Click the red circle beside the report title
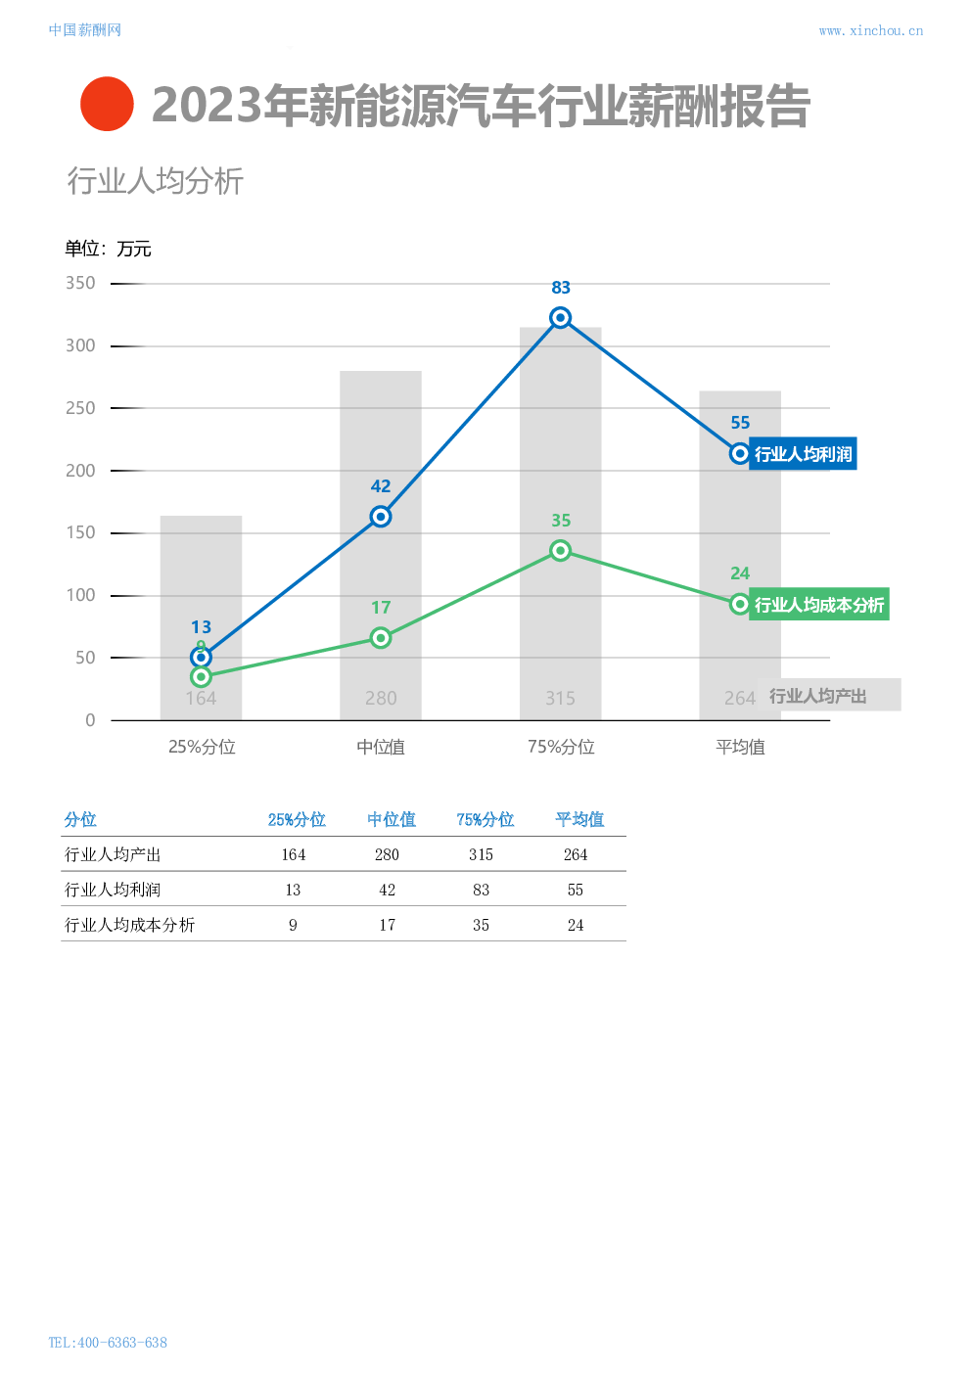click(107, 104)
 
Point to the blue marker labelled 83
click(560, 318)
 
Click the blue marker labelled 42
click(381, 517)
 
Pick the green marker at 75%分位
click(560, 551)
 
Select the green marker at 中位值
click(381, 638)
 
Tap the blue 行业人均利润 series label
click(803, 454)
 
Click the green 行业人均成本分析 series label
click(818, 605)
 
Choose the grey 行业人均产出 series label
click(827, 696)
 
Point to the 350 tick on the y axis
click(80, 284)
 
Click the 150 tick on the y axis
click(80, 533)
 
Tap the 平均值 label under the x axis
click(740, 748)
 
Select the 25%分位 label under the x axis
click(202, 748)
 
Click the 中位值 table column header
click(392, 820)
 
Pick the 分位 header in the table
click(80, 820)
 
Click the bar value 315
click(560, 699)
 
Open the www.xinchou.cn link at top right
click(870, 31)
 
